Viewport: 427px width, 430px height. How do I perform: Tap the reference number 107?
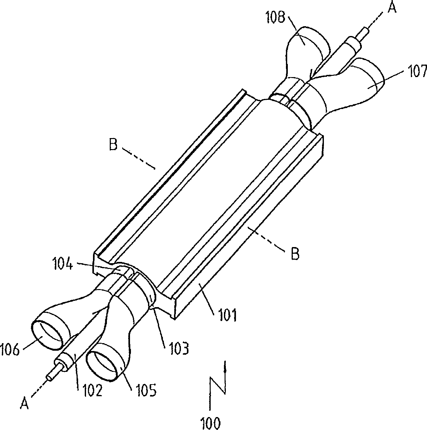coord(417,72)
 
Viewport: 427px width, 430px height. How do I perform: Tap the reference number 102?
coord(93,390)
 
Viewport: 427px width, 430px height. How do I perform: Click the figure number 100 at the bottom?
coord(210,422)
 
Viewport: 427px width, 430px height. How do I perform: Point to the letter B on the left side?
coord(113,145)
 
